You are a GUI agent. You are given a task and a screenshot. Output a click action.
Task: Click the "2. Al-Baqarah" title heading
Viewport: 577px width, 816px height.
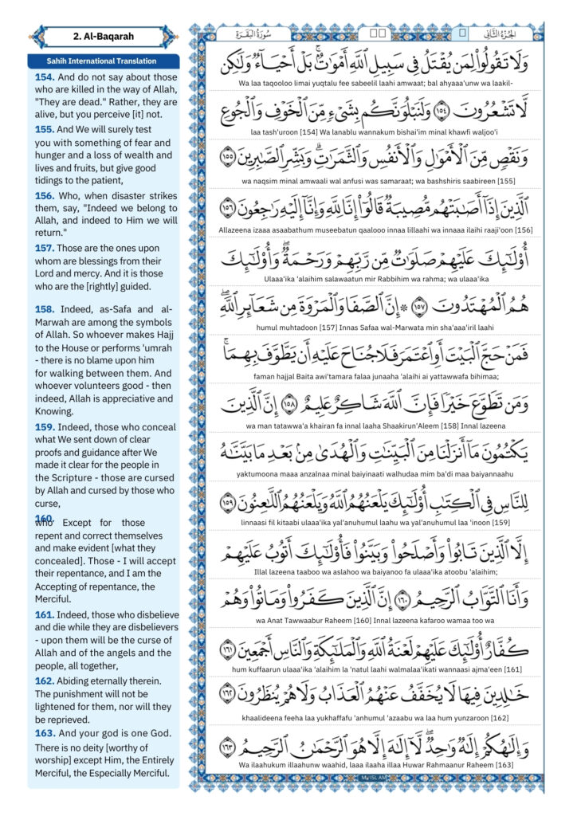(x=102, y=36)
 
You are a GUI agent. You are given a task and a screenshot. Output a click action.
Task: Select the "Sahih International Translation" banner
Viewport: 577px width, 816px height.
(x=102, y=61)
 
